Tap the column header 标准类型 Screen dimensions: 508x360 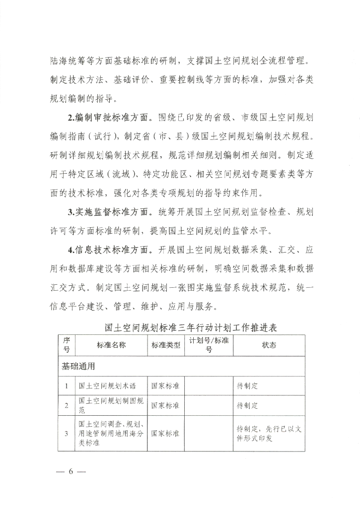pyautogui.click(x=165, y=345)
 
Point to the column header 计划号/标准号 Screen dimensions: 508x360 pyautogui.click(x=209, y=345)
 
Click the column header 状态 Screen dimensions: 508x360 pyautogui.click(x=269, y=345)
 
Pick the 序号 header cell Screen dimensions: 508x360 pyautogui.click(x=67, y=345)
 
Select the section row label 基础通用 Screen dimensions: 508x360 pyautogui.click(x=78, y=367)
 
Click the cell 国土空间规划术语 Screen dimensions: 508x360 pyautogui.click(x=107, y=385)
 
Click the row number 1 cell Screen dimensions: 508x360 pyautogui.click(x=67, y=385)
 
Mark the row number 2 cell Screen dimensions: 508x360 pyautogui.click(x=67, y=405)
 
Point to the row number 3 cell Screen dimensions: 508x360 pyautogui.click(x=67, y=433)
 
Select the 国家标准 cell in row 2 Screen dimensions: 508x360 pyautogui.click(x=165, y=405)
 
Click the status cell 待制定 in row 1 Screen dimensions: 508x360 pyautogui.click(x=247, y=385)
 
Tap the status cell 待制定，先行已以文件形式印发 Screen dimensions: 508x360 pyautogui.click(x=269, y=433)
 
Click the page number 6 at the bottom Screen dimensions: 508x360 pyautogui.click(x=71, y=471)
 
